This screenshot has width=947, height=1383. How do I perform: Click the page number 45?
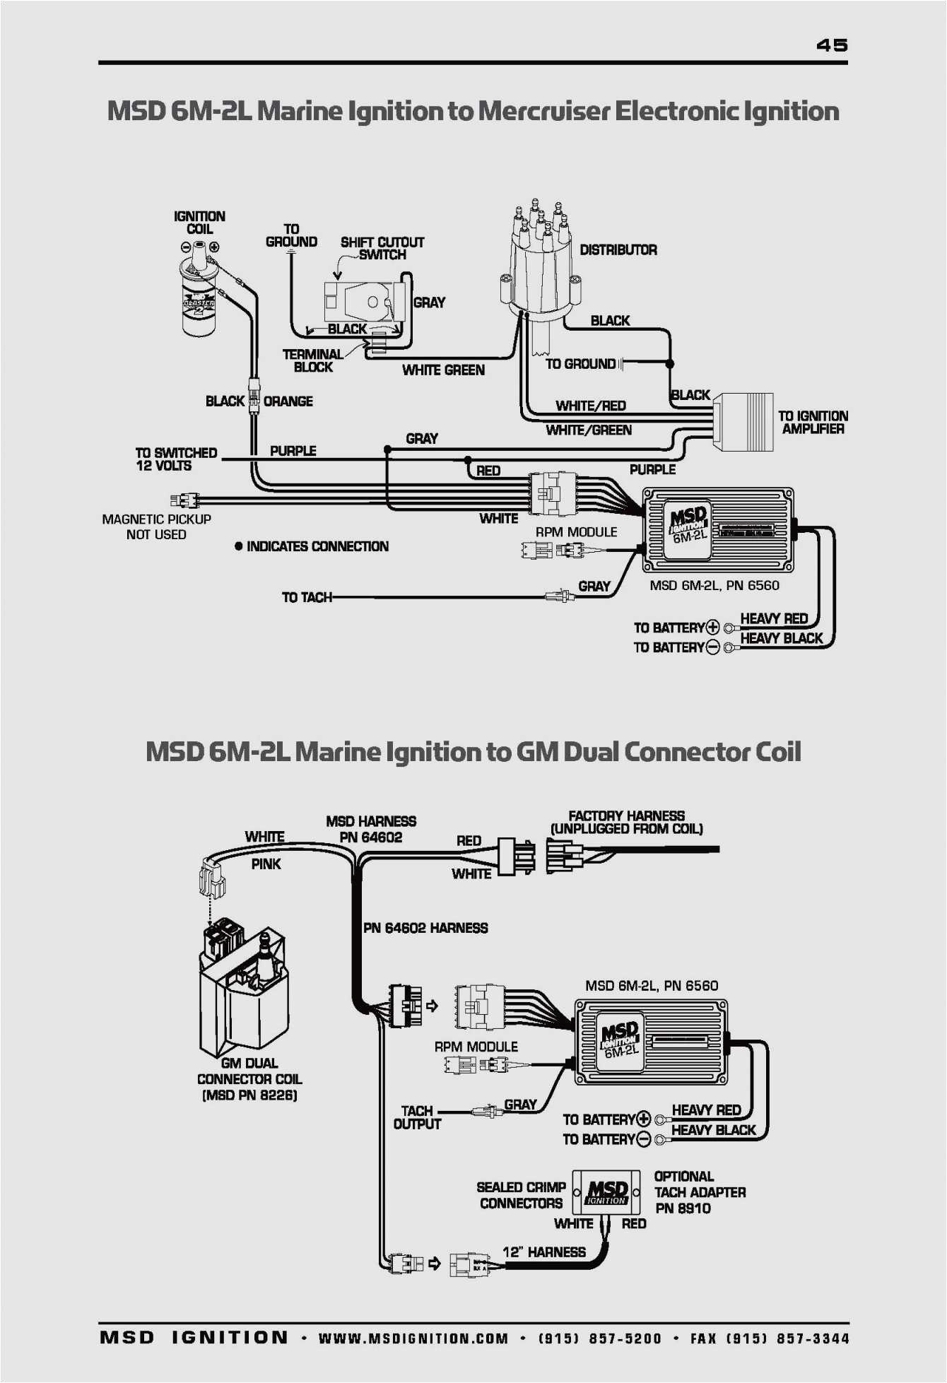(831, 45)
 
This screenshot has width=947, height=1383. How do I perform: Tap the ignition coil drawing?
(199, 293)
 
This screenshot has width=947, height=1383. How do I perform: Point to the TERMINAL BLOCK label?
(312, 360)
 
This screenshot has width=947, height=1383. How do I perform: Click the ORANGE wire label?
(288, 401)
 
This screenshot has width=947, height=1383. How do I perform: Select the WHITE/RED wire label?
(590, 406)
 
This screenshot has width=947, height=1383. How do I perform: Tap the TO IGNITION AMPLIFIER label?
(812, 423)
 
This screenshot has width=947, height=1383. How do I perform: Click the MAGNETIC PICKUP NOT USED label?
(156, 527)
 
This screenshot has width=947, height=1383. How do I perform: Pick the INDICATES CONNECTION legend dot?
(239, 546)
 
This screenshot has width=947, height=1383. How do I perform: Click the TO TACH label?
(307, 598)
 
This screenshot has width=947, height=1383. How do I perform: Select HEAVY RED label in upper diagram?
(773, 619)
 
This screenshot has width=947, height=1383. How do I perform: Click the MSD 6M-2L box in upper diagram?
(717, 530)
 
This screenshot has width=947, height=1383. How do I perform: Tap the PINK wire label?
(266, 864)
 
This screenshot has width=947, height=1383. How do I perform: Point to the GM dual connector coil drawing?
(244, 989)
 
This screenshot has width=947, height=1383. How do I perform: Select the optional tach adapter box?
(606, 1192)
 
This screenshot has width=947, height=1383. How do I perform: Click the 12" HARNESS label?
(543, 1252)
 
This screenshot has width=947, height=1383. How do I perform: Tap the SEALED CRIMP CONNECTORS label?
(521, 1195)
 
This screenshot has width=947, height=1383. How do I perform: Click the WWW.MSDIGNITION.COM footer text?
(413, 1338)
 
